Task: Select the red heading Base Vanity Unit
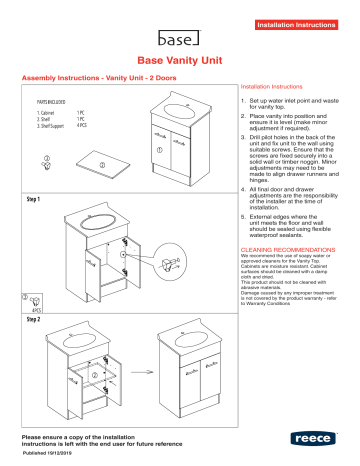pos(179,62)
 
